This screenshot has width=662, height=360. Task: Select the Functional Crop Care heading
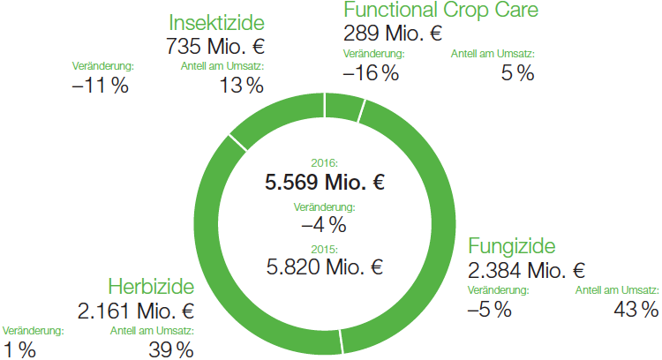(440, 11)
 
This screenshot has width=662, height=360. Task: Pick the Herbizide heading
(151, 287)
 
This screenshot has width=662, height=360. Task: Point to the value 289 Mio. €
(392, 34)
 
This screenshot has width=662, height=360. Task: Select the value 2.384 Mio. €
(526, 269)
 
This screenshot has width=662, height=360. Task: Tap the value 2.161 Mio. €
(136, 311)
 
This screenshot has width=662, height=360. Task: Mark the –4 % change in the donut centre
(325, 224)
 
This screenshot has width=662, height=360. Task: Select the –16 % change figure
(371, 74)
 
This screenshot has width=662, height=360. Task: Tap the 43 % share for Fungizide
(636, 309)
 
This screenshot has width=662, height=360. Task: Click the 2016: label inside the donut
(325, 163)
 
